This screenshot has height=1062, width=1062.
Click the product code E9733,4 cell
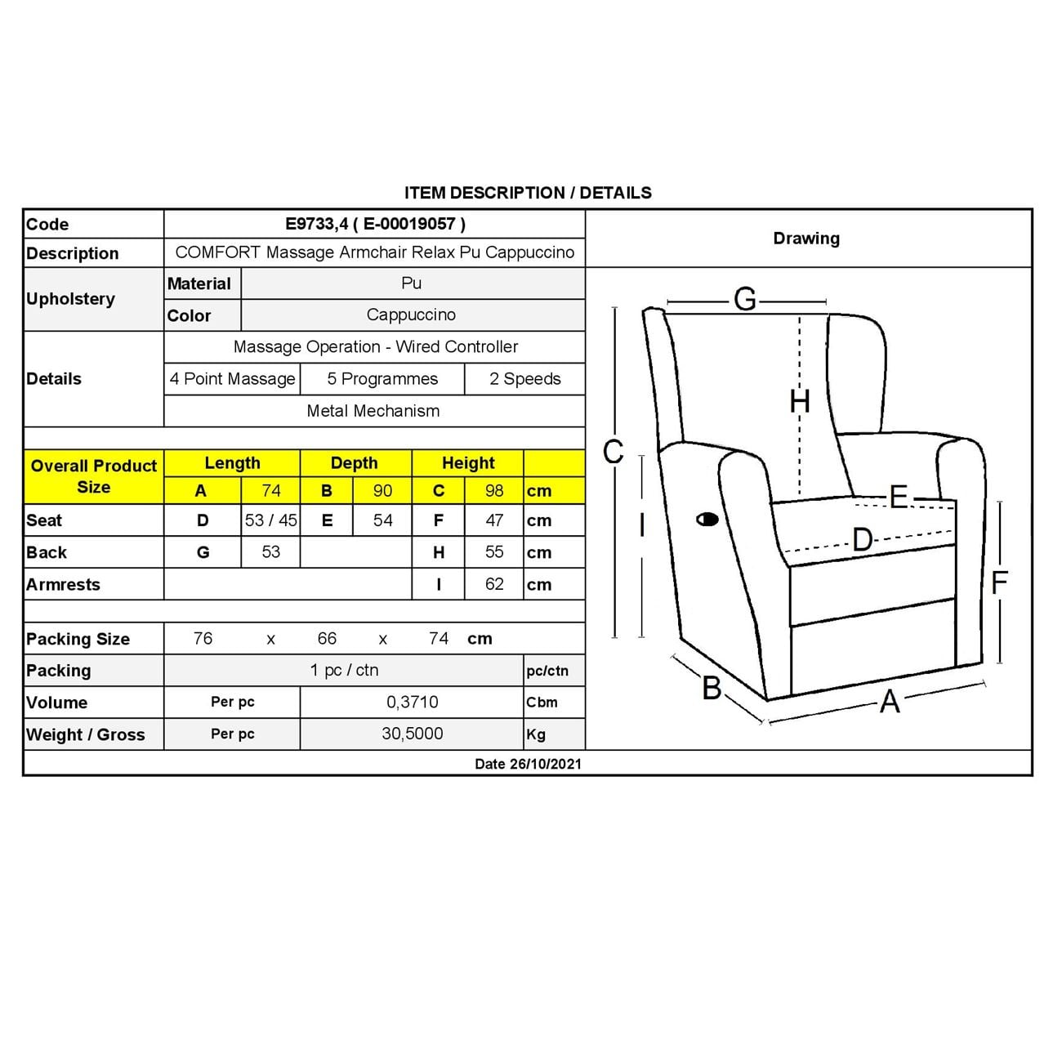click(375, 224)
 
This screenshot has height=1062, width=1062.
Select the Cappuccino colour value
click(411, 315)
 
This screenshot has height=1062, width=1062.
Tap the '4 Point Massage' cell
click(232, 379)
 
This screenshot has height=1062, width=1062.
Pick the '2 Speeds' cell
click(525, 379)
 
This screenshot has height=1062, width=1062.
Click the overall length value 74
click(270, 491)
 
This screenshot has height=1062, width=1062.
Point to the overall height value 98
click(493, 491)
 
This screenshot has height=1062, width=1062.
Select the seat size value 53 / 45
click(270, 520)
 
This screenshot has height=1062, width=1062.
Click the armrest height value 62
click(493, 584)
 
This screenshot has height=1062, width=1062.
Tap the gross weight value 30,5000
click(412, 734)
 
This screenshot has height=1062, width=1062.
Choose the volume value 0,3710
click(412, 702)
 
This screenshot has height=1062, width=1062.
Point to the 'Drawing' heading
click(806, 239)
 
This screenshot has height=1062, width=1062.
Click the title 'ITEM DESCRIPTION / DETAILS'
click(528, 193)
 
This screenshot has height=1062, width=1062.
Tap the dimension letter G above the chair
click(744, 300)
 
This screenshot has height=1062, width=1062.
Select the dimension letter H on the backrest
click(800, 401)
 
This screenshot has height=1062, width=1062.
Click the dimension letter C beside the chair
click(613, 452)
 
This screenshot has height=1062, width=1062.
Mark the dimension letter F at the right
click(999, 582)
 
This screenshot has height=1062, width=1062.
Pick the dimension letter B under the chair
click(712, 689)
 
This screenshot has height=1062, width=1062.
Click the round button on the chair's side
click(707, 520)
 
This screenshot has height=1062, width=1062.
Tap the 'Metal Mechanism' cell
click(373, 411)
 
